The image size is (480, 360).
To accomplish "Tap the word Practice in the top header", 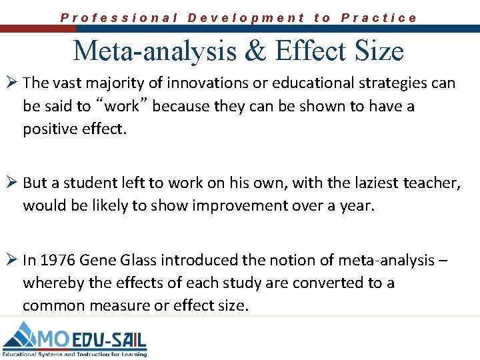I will (x=379, y=18).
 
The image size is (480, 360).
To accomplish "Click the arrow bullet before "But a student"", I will (x=12, y=183).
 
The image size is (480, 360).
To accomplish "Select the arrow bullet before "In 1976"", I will (x=12, y=260).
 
